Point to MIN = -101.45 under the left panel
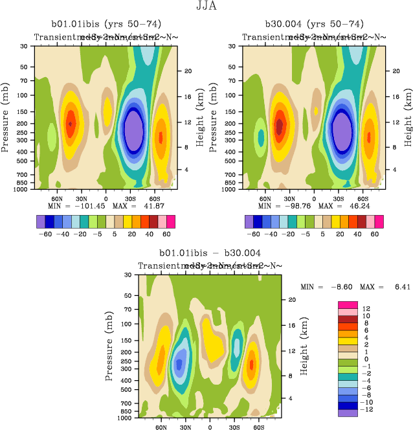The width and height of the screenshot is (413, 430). coord(71,205)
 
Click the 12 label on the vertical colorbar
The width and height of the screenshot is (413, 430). coord(366,308)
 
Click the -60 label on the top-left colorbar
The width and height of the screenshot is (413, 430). coord(45,234)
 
